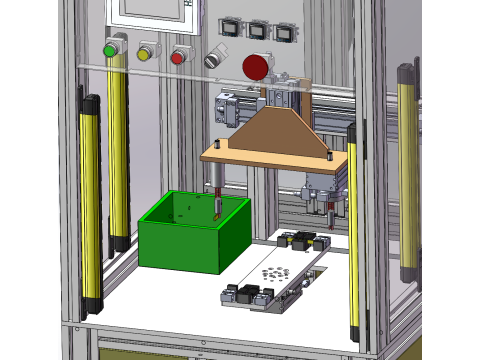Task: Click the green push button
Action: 110,50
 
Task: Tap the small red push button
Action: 178,56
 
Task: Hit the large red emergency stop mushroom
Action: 256,67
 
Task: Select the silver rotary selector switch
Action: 214,58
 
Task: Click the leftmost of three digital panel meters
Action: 232,28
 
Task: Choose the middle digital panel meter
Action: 259,30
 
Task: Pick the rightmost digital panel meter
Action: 285,32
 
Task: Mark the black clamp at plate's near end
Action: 245,296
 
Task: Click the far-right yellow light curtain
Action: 407,170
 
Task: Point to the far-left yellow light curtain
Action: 91,200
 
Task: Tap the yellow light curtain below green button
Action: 118,150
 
